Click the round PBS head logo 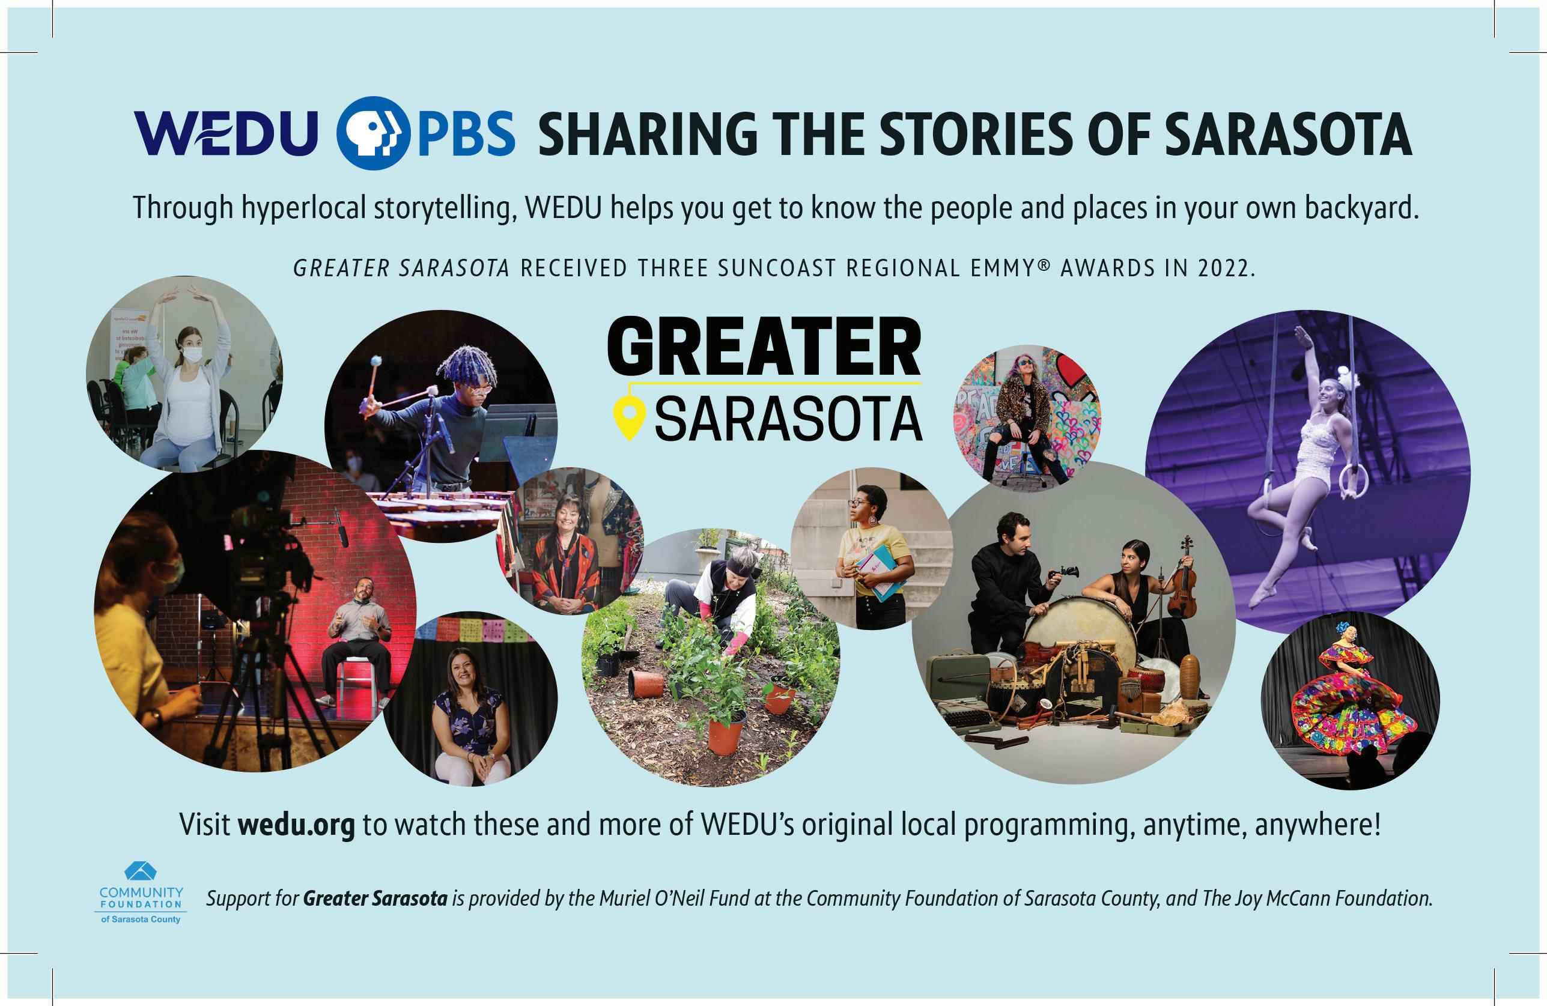tap(374, 133)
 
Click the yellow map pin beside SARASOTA tap(629, 419)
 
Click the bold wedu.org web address tap(296, 825)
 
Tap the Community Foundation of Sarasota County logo tap(141, 893)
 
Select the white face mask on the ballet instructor tap(192, 355)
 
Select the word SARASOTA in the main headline tap(1287, 134)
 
